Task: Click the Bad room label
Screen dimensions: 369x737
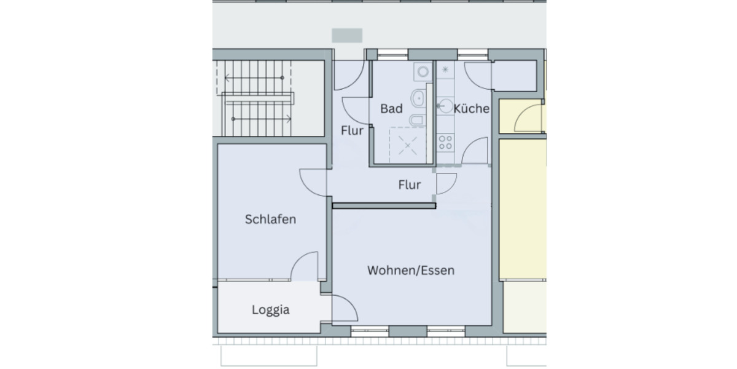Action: pos(391,109)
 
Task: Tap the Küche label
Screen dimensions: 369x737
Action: pos(472,109)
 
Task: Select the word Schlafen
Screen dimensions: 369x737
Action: pos(270,219)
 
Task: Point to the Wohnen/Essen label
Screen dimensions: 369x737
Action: pos(411,270)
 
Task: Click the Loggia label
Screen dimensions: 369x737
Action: pos(270,310)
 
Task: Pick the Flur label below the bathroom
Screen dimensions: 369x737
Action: pos(409,184)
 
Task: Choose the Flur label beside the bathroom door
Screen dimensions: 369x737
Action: pos(352,130)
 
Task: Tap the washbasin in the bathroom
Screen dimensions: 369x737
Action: pos(418,97)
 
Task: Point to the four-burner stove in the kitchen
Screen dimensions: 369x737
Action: pos(445,143)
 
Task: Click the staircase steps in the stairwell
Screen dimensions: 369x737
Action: pos(258,98)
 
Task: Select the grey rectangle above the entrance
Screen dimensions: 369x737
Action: pos(347,35)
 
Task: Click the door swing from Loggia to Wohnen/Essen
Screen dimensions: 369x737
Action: pos(345,307)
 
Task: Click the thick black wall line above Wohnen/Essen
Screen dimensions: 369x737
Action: pos(384,207)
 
